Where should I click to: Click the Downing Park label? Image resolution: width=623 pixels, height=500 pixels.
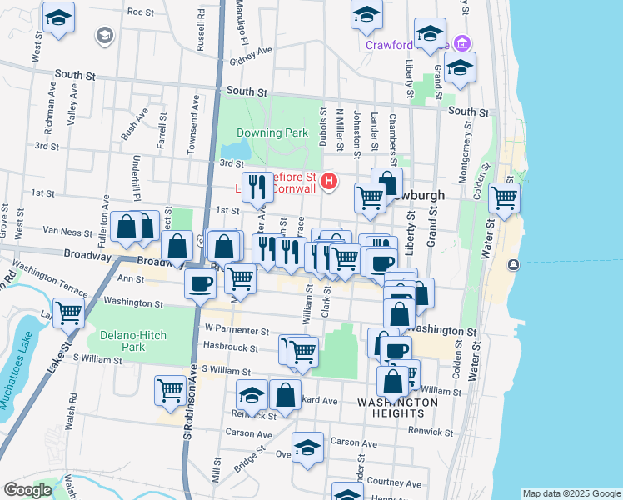click(x=272, y=132)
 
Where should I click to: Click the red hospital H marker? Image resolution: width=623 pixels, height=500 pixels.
click(x=329, y=180)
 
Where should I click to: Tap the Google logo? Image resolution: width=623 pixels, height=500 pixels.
click(x=27, y=490)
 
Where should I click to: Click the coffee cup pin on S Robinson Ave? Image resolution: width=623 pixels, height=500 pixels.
click(x=200, y=283)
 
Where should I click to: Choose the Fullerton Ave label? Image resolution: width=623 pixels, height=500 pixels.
click(x=106, y=213)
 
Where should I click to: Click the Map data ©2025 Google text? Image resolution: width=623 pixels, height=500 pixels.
click(x=571, y=493)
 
